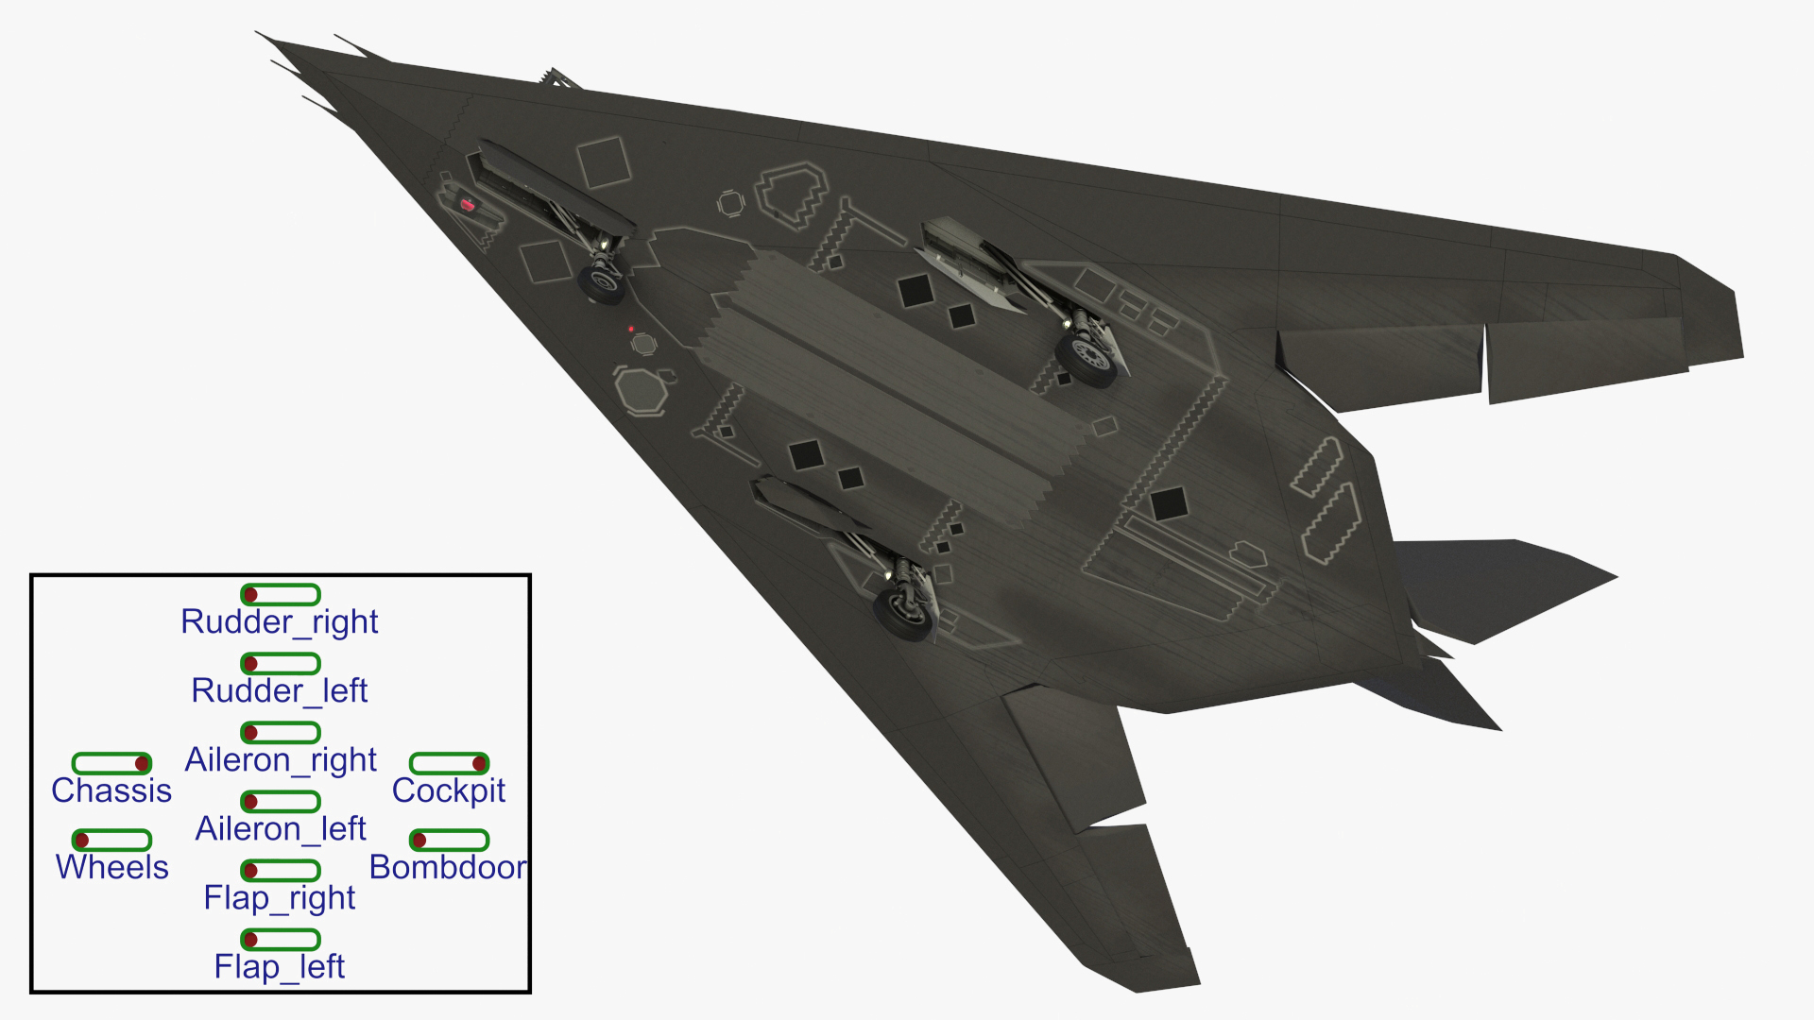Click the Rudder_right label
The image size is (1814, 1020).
point(280,621)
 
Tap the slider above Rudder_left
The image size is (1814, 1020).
point(281,663)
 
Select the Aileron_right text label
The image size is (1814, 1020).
point(281,759)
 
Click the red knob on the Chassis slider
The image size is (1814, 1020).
point(142,763)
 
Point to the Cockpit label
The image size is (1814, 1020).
point(449,790)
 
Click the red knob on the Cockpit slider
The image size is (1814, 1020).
point(479,763)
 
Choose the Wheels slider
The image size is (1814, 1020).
point(111,840)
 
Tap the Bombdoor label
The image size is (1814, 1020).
point(448,867)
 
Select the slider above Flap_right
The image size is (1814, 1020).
point(281,870)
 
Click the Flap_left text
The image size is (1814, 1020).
point(280,966)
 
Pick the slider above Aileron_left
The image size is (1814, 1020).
point(281,801)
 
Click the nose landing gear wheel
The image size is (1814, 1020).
point(601,282)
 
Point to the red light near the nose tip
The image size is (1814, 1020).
point(467,204)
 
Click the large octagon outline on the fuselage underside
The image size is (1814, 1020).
point(642,390)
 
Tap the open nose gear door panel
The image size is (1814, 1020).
point(553,188)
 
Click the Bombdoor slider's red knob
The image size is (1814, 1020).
point(419,840)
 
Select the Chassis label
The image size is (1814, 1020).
point(111,790)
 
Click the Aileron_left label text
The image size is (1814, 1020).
point(281,828)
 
